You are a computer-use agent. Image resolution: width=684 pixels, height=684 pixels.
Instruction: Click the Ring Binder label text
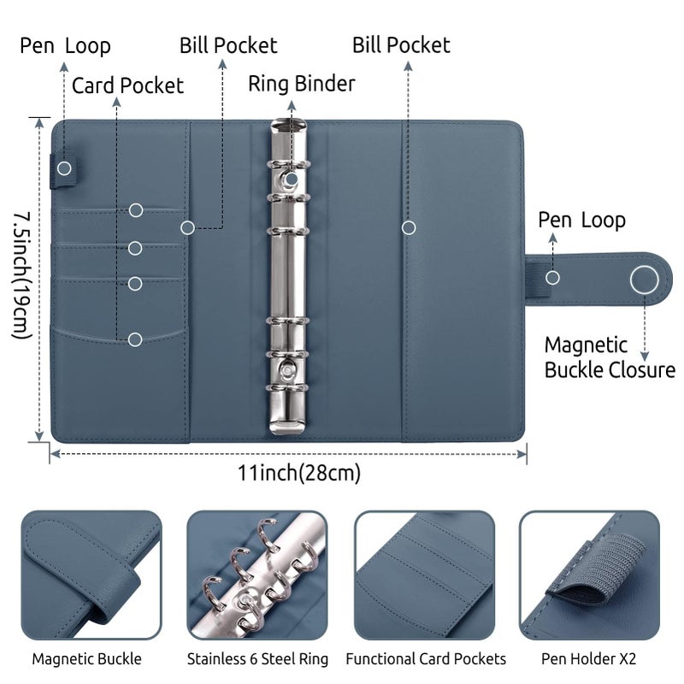tap(302, 84)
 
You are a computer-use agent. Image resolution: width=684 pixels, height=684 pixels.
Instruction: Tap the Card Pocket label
tap(127, 85)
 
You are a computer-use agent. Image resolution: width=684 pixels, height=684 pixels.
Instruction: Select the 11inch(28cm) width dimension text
tap(298, 473)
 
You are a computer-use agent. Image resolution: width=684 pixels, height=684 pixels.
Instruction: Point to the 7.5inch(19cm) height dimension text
tap(22, 275)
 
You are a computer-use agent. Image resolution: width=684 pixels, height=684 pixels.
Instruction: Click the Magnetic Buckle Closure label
tap(610, 357)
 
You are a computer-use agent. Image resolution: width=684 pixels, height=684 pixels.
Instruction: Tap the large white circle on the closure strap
tap(645, 280)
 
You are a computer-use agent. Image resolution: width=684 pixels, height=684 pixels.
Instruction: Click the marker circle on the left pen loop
tap(64, 168)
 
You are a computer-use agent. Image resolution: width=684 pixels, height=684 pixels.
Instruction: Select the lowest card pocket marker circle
tap(135, 339)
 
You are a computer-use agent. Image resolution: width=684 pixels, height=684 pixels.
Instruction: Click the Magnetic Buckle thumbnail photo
tap(91, 575)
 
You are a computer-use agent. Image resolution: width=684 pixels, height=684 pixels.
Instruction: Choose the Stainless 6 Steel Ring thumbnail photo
tap(257, 575)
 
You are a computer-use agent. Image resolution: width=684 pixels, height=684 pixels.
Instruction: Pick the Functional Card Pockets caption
tap(426, 658)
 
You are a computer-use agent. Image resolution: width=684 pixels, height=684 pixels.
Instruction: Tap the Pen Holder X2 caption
tap(588, 658)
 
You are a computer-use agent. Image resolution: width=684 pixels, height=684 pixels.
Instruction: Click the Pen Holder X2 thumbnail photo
tap(589, 575)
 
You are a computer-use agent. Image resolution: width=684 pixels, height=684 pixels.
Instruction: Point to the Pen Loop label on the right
tap(581, 221)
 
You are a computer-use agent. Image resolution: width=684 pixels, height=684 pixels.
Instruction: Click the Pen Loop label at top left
tap(65, 46)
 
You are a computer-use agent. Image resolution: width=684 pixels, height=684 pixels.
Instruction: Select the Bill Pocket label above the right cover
tap(401, 45)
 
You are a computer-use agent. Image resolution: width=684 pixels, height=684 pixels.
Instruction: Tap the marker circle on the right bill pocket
tap(409, 227)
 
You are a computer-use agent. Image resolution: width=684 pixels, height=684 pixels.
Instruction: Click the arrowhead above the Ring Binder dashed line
tap(292, 105)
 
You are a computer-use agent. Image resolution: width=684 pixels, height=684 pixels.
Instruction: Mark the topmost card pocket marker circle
tap(136, 210)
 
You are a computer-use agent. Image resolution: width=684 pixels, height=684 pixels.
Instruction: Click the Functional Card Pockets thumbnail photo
tap(424, 575)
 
